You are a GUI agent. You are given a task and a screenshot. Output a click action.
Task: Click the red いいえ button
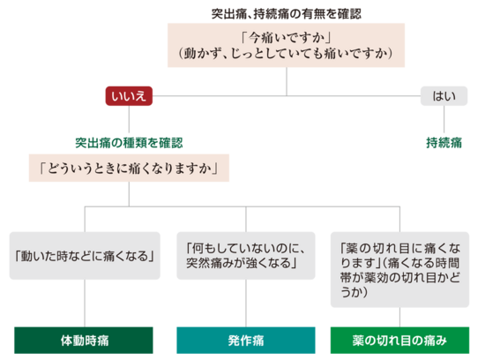[x=129, y=96]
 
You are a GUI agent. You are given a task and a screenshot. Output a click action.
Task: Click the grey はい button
[x=444, y=96]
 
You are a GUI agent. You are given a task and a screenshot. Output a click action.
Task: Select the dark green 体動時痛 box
[x=84, y=341]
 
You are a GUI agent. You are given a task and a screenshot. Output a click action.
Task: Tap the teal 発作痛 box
[x=246, y=341]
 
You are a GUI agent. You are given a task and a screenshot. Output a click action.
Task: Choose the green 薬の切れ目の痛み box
[x=399, y=341]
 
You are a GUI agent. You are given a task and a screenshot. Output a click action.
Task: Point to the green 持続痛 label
[x=444, y=143]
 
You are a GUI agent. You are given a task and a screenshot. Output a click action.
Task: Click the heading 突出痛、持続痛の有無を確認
[x=286, y=13]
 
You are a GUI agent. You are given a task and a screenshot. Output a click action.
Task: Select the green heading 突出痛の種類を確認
[x=129, y=143]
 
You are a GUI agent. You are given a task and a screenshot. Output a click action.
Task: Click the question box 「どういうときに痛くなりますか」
[x=129, y=168]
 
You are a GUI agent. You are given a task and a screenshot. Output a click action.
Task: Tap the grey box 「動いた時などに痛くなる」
[x=85, y=256]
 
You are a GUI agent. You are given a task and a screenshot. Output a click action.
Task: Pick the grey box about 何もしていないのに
[x=246, y=256]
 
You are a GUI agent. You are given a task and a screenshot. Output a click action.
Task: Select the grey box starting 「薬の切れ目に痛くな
[x=399, y=269]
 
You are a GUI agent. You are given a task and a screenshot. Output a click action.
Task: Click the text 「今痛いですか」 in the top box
[x=286, y=38]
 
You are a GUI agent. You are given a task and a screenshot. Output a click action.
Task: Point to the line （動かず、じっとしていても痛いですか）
[x=286, y=54]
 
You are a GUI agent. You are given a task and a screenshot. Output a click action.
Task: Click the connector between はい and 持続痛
[x=444, y=119]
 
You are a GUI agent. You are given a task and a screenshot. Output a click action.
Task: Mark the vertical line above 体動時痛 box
[x=85, y=303]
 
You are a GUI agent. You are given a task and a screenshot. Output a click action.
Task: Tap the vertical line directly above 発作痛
[x=246, y=303]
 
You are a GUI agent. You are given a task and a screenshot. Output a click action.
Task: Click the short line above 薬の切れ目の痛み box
[x=399, y=317]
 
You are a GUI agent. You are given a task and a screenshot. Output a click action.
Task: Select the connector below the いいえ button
[x=129, y=119]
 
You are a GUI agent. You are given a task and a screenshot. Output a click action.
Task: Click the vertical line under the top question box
[x=287, y=81]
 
